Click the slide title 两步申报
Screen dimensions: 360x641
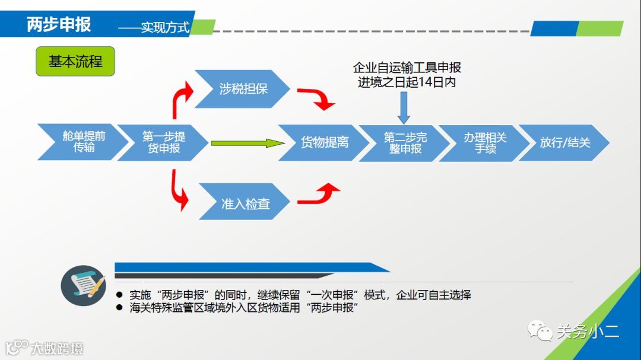59,25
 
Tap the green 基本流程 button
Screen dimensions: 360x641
75,61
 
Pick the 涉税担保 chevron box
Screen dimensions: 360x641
243,89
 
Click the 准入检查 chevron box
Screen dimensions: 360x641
245,204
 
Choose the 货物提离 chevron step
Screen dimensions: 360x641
324,142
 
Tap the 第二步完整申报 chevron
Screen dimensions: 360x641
404,142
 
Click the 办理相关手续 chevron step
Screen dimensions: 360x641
484,142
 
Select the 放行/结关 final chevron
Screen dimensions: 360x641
564,142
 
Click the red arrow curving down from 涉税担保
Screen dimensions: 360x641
318,98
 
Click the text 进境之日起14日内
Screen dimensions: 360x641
407,82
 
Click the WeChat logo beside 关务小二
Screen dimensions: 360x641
540,330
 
